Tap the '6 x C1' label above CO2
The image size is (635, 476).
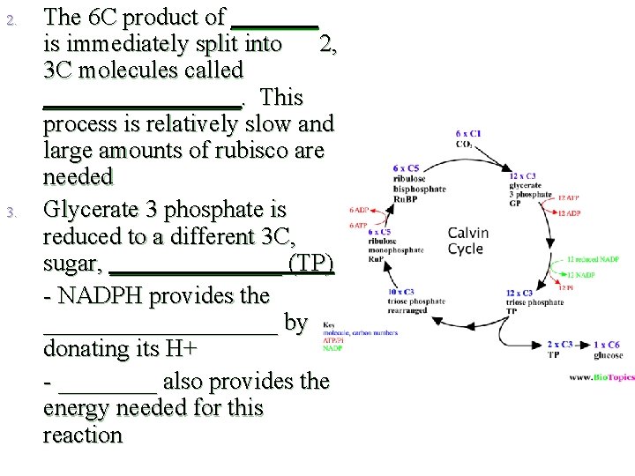tap(469, 134)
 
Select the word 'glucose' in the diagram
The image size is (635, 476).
tap(608, 355)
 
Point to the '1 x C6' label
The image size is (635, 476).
tap(608, 345)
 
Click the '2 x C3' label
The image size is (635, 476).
tap(560, 345)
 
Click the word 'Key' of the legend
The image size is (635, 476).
tap(328, 324)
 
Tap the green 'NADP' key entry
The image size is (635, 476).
tap(332, 348)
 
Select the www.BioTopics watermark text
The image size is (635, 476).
tap(601, 377)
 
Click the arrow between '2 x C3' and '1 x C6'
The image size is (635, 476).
tap(583, 345)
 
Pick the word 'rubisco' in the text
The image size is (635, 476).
tap(248, 150)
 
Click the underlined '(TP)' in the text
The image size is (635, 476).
tap(311, 264)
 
